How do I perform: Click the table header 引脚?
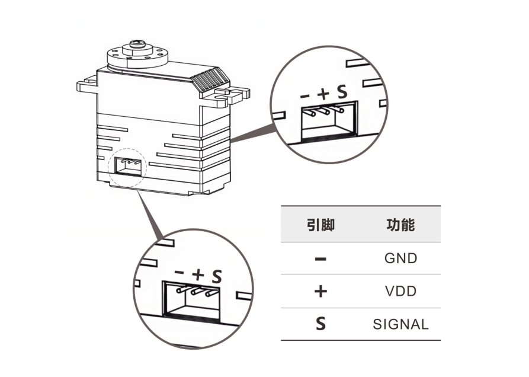click(x=320, y=225)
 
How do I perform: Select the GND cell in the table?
click(x=400, y=258)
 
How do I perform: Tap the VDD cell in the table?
click(x=400, y=292)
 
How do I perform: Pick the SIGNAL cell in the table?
click(x=400, y=325)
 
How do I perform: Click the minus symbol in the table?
click(x=320, y=259)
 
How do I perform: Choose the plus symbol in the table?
click(x=320, y=292)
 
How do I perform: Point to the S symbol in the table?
click(x=320, y=325)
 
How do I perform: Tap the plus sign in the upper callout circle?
click(x=323, y=94)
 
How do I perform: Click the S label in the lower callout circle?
click(x=217, y=275)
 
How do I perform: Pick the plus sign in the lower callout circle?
click(x=198, y=274)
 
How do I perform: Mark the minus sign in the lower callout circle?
click(x=180, y=273)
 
